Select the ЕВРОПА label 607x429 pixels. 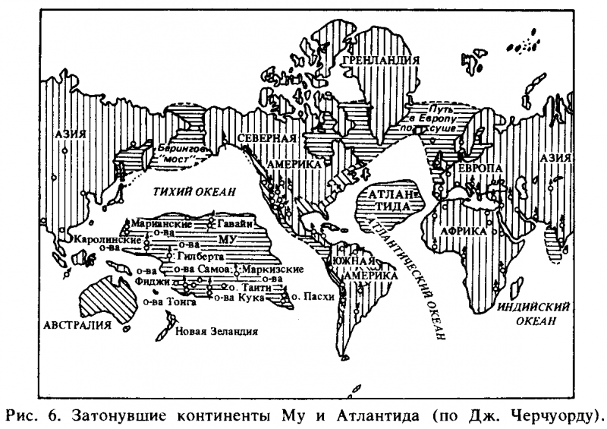pyautogui.click(x=477, y=167)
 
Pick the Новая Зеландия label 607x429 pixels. pyautogui.click(x=216, y=331)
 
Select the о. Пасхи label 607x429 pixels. pyautogui.click(x=313, y=298)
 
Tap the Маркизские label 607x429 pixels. pyautogui.click(x=272, y=269)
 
